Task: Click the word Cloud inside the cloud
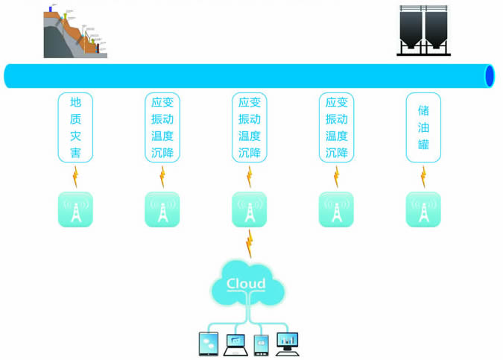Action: [x=246, y=284]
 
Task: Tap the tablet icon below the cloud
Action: [x=209, y=343]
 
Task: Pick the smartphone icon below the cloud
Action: [x=261, y=344]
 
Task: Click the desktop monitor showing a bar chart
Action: [x=287, y=342]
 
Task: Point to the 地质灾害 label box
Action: [x=75, y=127]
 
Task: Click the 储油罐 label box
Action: [x=423, y=127]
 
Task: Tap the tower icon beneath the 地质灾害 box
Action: [x=75, y=209]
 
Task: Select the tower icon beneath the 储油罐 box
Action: [x=423, y=209]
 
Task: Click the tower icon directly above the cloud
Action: [x=249, y=209]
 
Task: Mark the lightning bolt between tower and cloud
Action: [x=249, y=243]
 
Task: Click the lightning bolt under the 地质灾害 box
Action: [x=75, y=177]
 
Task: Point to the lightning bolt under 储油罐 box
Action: [x=423, y=177]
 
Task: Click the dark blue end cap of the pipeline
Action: [x=490, y=76]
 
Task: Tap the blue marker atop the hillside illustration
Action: [x=51, y=9]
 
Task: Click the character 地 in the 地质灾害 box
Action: [x=75, y=102]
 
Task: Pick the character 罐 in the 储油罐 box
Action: [x=423, y=145]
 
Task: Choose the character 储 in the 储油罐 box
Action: [x=423, y=110]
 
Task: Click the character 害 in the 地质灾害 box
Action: [x=75, y=154]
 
